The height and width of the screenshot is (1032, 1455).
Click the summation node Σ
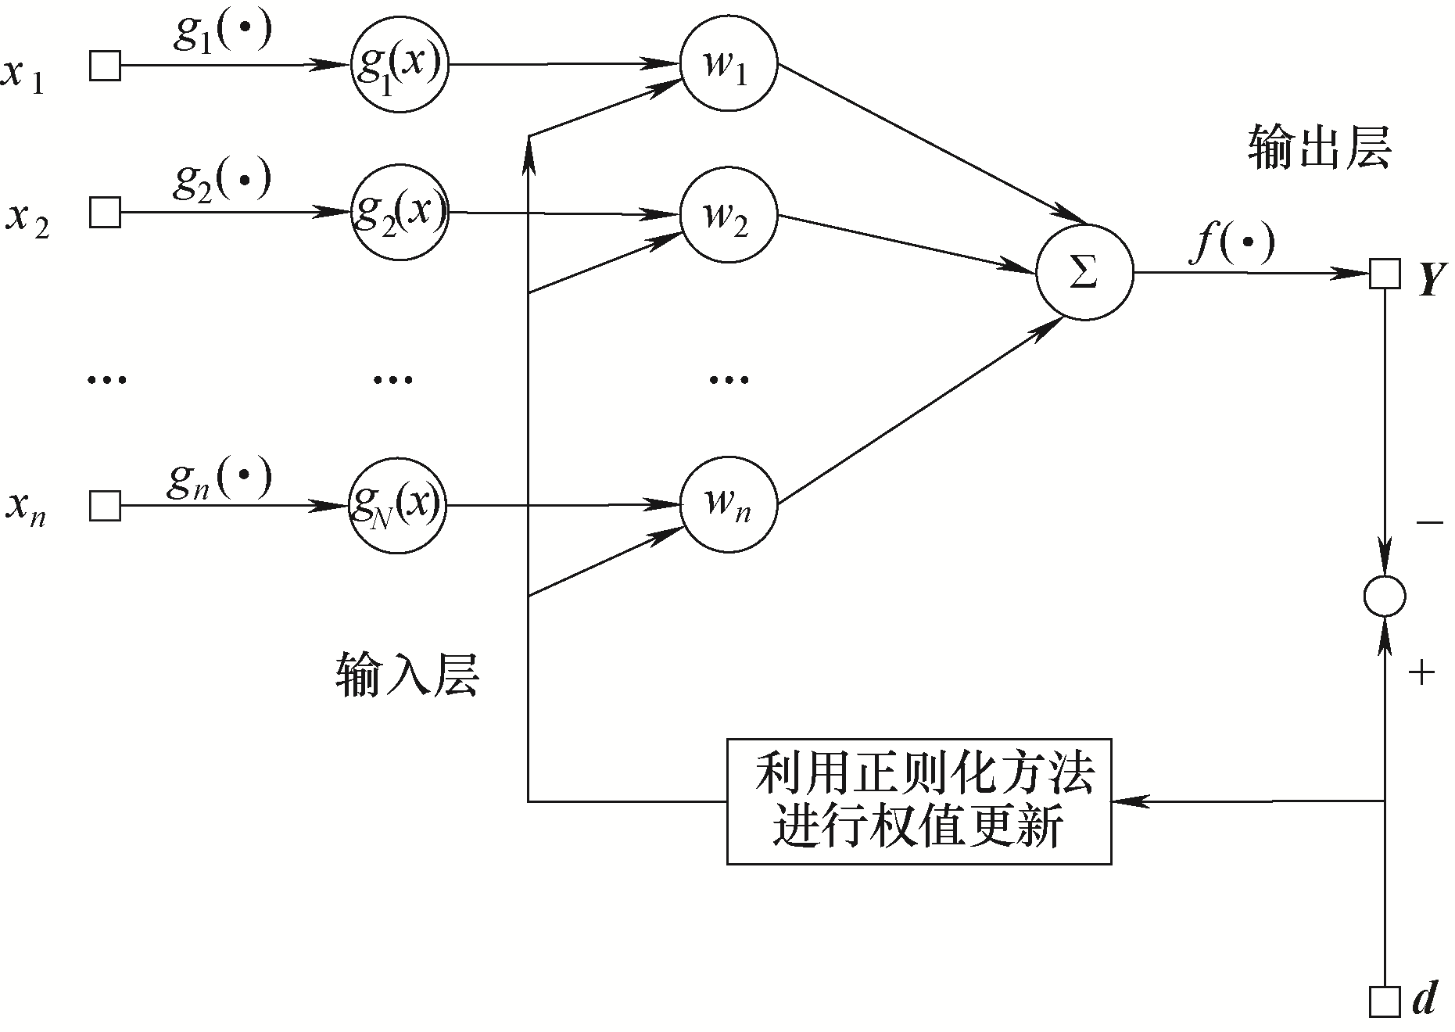click(1084, 273)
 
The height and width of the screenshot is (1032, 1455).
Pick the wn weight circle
click(729, 504)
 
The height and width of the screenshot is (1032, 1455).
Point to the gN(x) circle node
click(399, 506)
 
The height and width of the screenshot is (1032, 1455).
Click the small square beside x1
click(106, 65)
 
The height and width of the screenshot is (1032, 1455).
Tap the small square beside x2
click(106, 212)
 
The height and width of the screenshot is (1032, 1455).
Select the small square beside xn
click(106, 506)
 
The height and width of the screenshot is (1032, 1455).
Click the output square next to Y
click(1385, 274)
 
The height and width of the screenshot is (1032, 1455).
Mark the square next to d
click(1385, 1002)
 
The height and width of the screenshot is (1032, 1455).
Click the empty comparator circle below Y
click(1385, 597)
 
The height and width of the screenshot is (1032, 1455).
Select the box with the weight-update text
click(919, 801)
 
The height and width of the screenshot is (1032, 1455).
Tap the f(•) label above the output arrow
click(1231, 244)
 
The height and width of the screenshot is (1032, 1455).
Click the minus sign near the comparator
click(1429, 521)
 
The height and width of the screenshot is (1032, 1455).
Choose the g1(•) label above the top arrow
click(223, 34)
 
